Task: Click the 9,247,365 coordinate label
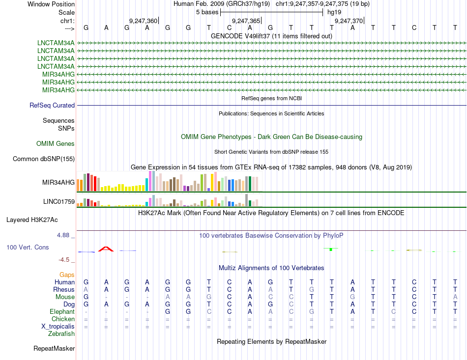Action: point(246,21)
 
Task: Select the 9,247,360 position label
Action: point(143,21)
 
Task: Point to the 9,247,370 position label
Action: point(349,21)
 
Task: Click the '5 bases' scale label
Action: point(207,12)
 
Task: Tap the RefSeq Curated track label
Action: point(52,105)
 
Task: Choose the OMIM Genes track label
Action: point(56,143)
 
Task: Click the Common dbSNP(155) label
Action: point(44,159)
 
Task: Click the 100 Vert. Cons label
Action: point(28,247)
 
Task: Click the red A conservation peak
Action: point(106,249)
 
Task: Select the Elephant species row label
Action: point(62,311)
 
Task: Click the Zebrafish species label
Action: point(61,333)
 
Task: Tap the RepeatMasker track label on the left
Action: point(54,349)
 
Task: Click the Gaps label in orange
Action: point(67,275)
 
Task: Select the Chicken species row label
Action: point(63,319)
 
